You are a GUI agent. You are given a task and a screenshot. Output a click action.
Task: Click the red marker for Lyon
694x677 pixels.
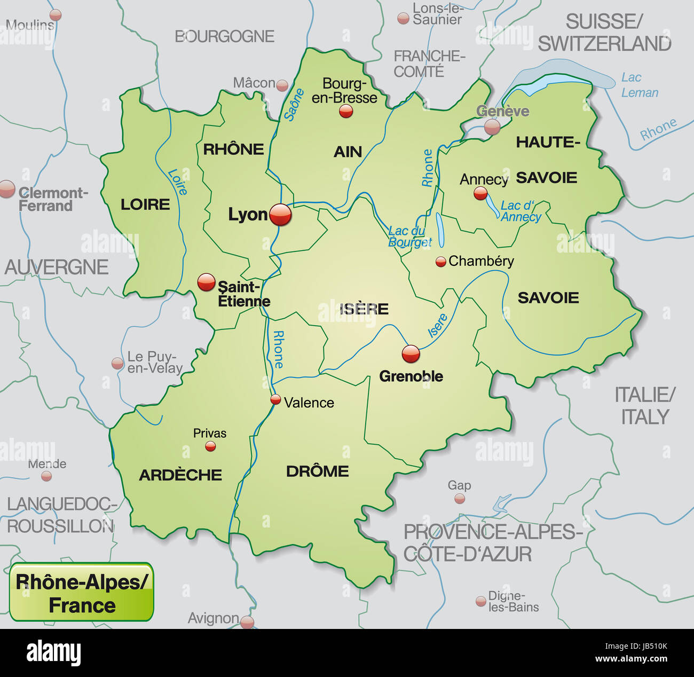281,215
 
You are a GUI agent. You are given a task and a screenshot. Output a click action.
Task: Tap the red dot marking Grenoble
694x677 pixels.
411,353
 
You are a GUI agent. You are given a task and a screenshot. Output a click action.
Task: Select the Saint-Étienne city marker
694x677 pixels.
206,282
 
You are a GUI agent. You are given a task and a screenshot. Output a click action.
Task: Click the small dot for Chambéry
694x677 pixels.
440,262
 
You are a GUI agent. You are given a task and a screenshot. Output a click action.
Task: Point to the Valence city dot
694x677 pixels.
275,399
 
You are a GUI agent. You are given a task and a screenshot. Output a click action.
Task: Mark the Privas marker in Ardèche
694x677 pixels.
210,446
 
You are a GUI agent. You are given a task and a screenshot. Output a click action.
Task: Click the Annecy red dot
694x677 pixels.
480,193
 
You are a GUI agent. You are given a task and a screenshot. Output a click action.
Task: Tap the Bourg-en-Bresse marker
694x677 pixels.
346,111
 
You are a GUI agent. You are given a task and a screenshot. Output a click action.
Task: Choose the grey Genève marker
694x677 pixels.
492,127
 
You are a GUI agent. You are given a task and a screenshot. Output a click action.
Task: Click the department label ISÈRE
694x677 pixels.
364,309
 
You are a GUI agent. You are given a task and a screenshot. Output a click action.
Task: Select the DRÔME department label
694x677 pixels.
317,471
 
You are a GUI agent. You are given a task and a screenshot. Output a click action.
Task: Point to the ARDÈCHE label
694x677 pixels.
180,475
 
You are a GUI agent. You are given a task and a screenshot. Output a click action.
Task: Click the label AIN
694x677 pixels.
348,152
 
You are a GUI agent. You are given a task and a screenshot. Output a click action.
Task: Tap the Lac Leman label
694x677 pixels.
639,85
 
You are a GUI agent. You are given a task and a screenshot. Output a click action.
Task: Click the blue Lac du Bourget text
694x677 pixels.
409,237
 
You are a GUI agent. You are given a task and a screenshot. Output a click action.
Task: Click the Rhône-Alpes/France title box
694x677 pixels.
82,593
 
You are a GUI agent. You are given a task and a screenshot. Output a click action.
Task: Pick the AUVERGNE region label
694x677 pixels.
57,267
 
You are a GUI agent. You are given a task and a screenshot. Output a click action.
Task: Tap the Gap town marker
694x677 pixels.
459,499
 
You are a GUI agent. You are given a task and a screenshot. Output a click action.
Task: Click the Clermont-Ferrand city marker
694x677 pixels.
7,189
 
